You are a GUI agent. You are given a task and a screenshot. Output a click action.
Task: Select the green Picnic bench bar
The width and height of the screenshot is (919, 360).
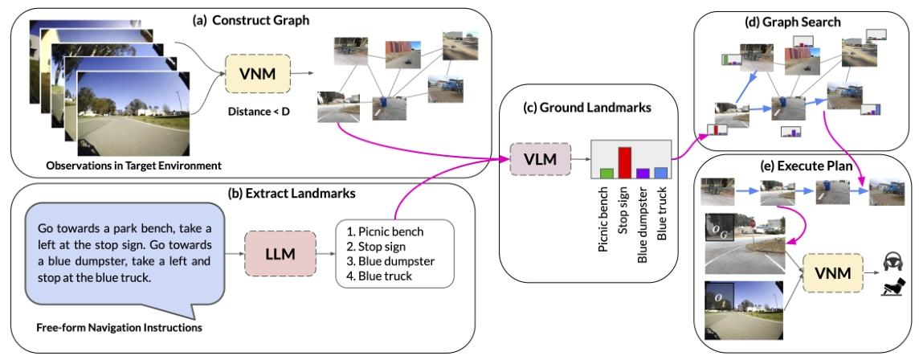coord(607,172)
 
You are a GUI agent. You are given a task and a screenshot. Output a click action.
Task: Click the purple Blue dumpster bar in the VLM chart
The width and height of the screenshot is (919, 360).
coord(642,172)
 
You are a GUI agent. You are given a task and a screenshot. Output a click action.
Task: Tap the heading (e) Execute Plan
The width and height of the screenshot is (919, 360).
coord(790,167)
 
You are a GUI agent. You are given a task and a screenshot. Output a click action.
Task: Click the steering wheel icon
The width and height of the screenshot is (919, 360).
coord(889,261)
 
